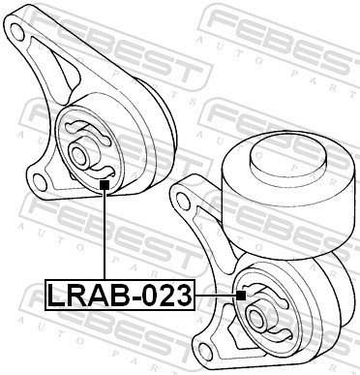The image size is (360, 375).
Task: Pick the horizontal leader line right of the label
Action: pyautogui.click(x=215, y=294)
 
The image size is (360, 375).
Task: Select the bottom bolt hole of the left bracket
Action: pyautogui.click(x=42, y=178)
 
